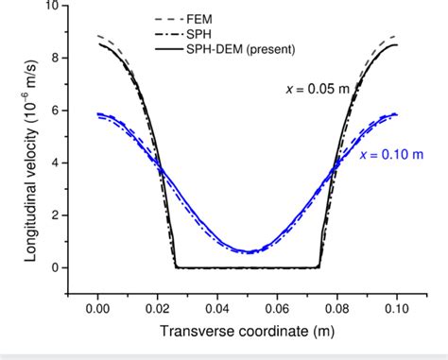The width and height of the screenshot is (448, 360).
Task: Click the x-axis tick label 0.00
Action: point(98,309)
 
